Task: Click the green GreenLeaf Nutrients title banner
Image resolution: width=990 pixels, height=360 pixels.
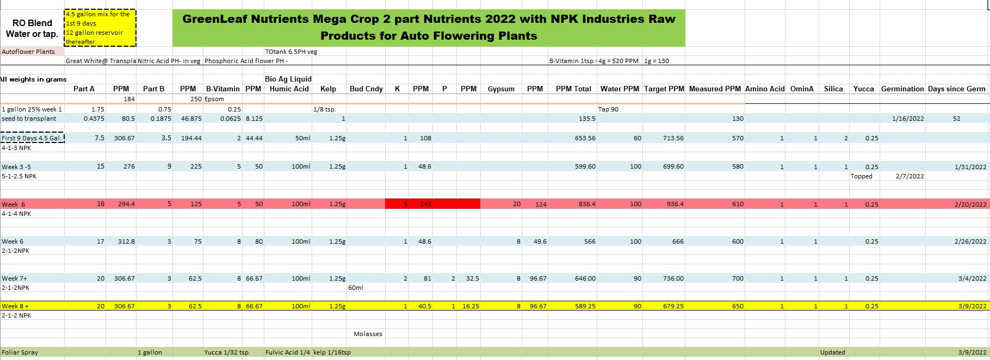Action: [429, 27]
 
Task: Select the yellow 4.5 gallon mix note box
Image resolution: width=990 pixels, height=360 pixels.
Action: [100, 28]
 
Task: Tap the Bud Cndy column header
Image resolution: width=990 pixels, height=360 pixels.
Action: [366, 89]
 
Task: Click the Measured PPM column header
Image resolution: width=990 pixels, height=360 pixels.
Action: [715, 89]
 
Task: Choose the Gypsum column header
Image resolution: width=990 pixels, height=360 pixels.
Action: [501, 89]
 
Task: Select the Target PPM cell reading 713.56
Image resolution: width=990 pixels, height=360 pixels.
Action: [673, 138]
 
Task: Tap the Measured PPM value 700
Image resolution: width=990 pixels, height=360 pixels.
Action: [737, 278]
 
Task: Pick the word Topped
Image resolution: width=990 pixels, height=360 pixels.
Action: [861, 176]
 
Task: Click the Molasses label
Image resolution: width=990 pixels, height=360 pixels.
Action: [368, 334]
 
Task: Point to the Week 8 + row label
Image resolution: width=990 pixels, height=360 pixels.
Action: [15, 306]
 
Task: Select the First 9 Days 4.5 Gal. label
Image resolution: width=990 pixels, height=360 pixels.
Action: [32, 138]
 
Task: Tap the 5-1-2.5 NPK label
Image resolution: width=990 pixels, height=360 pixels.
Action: [19, 176]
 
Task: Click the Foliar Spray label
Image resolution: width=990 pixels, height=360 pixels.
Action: [20, 352]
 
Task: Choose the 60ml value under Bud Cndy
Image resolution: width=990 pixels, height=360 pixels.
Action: [356, 288]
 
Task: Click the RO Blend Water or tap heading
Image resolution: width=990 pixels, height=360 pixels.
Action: [32, 28]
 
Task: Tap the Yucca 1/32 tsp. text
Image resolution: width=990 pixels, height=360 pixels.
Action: [227, 352]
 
